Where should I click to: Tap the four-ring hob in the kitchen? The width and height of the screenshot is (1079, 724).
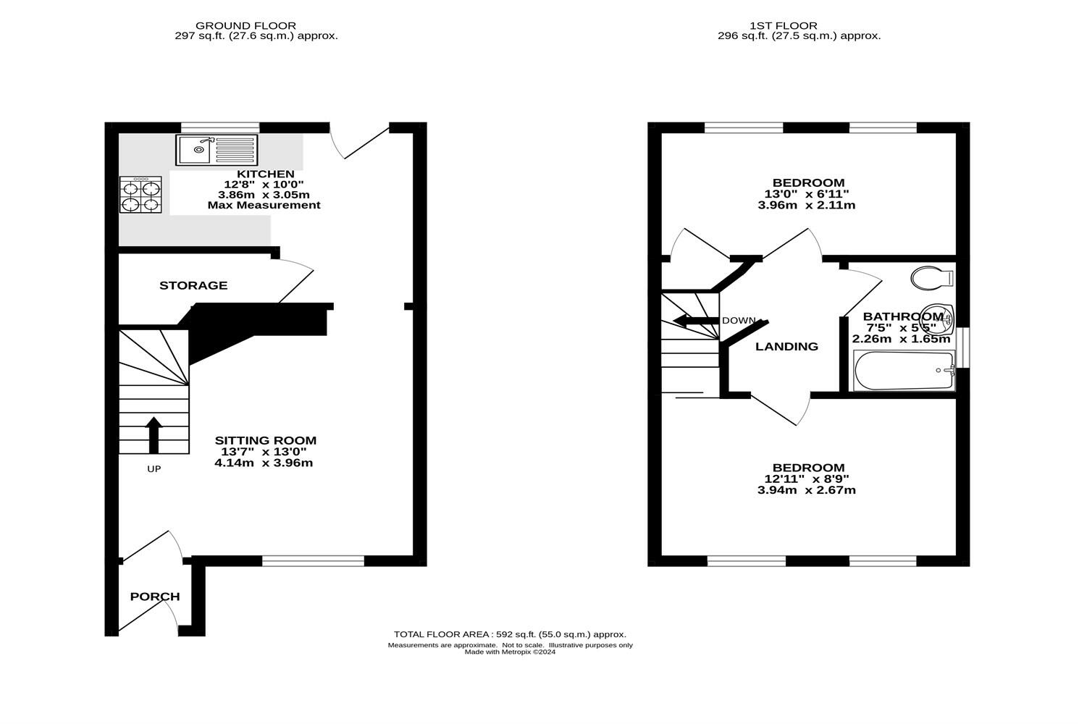(x=140, y=195)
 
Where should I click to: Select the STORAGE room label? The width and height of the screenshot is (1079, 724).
(x=193, y=285)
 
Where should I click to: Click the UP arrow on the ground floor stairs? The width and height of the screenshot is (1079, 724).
(x=154, y=434)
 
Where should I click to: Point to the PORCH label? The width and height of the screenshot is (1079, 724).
(x=155, y=597)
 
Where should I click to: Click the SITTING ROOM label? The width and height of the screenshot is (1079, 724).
(x=265, y=440)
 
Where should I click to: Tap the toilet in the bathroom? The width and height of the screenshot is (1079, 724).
(x=932, y=277)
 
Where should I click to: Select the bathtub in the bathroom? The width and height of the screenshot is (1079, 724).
(x=904, y=371)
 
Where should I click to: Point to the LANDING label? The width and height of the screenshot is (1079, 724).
(x=786, y=347)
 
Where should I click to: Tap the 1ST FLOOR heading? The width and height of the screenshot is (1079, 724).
(x=798, y=25)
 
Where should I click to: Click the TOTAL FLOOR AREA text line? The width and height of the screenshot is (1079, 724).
(x=510, y=634)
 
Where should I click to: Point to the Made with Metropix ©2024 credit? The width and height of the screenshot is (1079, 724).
(x=510, y=652)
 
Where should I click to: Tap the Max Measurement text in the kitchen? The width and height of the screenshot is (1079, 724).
(x=264, y=205)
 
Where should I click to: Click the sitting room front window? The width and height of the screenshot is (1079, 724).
(x=313, y=560)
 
